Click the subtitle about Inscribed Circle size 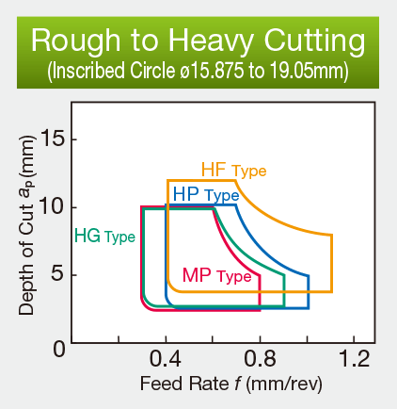198,71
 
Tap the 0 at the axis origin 57,349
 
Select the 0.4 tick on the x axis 166,359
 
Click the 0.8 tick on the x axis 261,359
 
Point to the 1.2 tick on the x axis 355,359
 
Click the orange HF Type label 233,170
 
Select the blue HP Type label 205,194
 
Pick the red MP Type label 216,276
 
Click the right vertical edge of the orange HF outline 331,263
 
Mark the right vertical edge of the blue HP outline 309,290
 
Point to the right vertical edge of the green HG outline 284,292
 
